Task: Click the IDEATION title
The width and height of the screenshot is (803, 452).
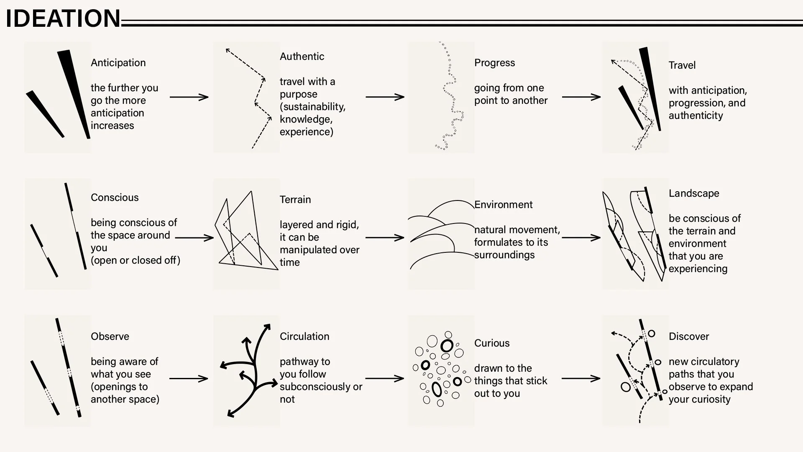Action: pos(63,18)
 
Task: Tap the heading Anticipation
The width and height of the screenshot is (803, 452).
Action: pos(118,63)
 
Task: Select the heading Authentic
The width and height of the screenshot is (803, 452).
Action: pos(302,56)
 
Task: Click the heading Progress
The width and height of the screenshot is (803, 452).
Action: pos(494,63)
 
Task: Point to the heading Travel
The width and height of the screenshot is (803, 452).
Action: pos(682,65)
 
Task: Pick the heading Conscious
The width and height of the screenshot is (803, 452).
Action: pos(115,198)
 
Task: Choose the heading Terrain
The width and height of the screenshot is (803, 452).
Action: pos(295,200)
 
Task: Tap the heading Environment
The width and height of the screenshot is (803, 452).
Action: pos(504,205)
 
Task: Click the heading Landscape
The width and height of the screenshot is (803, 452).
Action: pos(694,193)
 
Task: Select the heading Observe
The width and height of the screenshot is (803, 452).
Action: pos(110,336)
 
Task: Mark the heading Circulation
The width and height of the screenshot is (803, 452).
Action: pos(304,336)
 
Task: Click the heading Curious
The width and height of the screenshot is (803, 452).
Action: pos(492,343)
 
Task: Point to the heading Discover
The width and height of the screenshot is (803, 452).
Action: pos(689,336)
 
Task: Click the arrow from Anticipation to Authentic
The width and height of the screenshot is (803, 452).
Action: pos(189,97)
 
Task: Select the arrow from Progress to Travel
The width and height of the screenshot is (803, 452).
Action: pos(581,97)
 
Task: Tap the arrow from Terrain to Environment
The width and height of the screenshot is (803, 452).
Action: pos(385,238)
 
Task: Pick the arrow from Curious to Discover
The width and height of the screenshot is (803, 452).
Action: pos(581,379)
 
